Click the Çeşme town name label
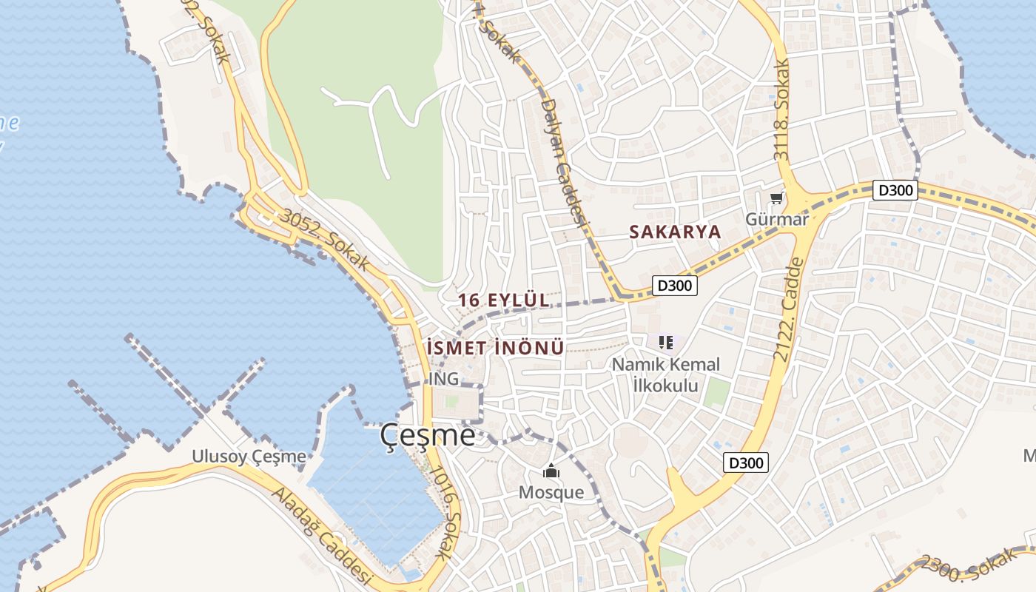coord(428,435)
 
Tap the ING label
coord(444,379)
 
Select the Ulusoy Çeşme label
coord(249,456)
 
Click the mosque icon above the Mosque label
coord(551,471)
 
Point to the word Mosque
coord(551,492)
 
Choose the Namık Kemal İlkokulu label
coord(665,374)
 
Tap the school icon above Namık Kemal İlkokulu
coord(665,342)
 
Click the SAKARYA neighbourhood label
coord(675,231)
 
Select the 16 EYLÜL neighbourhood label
coord(504,300)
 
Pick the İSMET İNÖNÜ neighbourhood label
coord(496,347)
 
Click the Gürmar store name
coord(777,219)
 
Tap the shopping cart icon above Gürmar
coord(776,198)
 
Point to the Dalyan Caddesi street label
coord(564,162)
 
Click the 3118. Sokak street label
coord(782,111)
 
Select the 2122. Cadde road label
coord(789,309)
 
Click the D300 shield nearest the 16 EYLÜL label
coord(675,285)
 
